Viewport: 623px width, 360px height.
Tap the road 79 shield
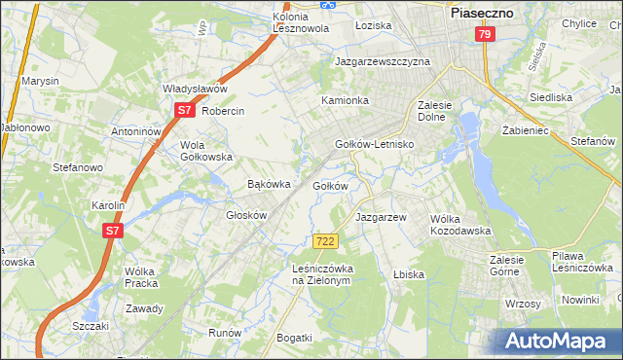[485, 34]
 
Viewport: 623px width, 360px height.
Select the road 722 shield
[326, 240]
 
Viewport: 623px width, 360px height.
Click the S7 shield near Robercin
[184, 111]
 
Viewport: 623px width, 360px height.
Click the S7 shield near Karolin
[113, 231]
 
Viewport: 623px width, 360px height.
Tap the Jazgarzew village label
[381, 217]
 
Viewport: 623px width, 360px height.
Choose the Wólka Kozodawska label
[460, 225]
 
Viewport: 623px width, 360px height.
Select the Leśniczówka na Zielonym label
[320, 273]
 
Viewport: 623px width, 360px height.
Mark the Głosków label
[246, 215]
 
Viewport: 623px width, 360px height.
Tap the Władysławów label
[195, 89]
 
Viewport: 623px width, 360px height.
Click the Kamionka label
[346, 100]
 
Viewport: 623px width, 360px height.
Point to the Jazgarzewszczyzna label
[383, 60]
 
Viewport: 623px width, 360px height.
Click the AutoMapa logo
[558, 342]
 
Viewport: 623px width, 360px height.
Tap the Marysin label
[41, 81]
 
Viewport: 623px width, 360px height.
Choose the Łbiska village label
[409, 274]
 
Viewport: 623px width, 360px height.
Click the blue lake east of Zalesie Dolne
[469, 126]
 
